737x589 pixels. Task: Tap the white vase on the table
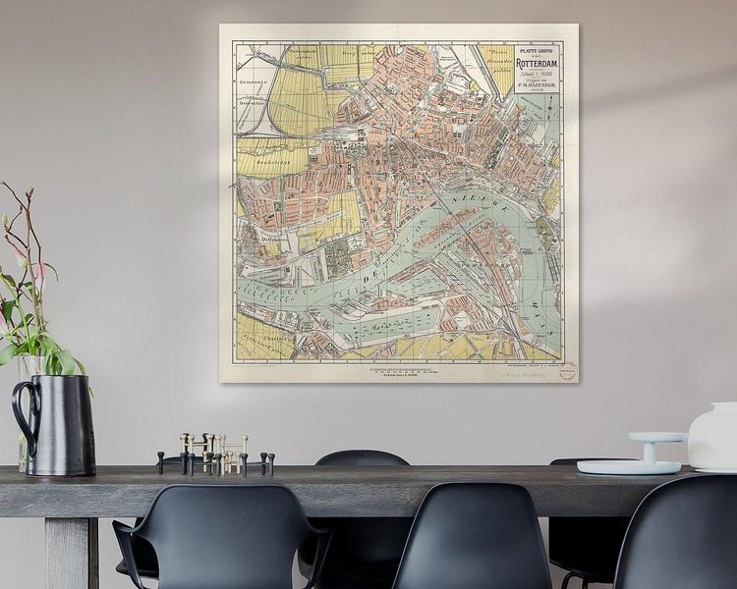[x=713, y=436]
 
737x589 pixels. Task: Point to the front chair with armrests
[x=220, y=545]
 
